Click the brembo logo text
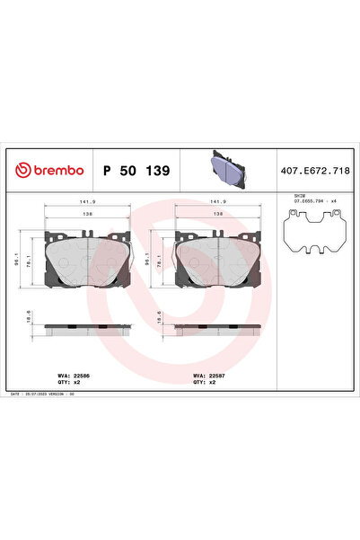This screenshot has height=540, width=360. pyautogui.click(x=51, y=170)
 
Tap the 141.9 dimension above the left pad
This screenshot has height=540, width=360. pyautogui.click(x=89, y=202)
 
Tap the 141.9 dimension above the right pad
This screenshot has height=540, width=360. pyautogui.click(x=217, y=202)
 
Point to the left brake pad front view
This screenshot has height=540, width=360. pyautogui.click(x=89, y=261)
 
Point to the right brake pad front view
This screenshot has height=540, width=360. pyautogui.click(x=217, y=261)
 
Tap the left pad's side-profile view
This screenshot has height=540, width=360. pyautogui.click(x=89, y=328)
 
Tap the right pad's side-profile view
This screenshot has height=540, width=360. pyautogui.click(x=217, y=328)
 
